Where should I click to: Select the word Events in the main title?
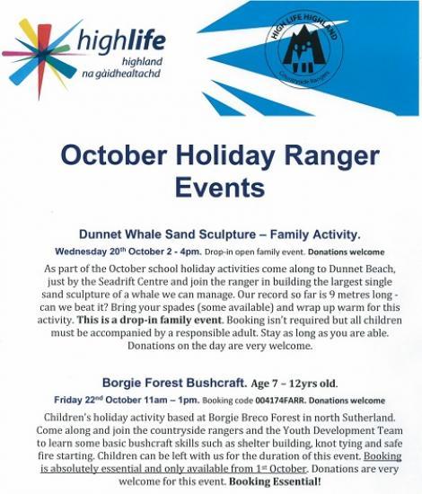click(x=212, y=187)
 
